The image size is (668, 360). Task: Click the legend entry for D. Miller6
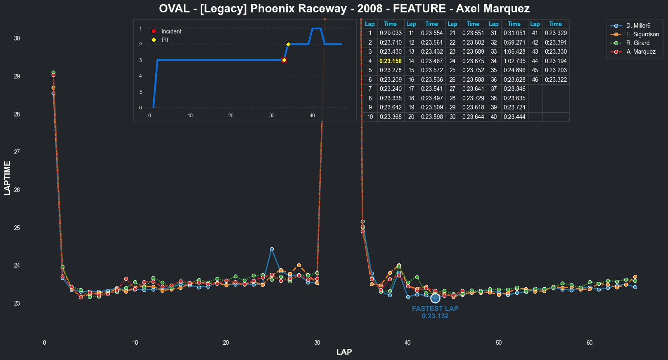coord(638,26)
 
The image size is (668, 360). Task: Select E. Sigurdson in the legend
coord(642,34)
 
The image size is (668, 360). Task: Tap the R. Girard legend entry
coord(637,43)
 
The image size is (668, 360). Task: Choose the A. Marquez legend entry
coord(640,52)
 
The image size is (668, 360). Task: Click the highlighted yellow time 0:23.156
coord(390,61)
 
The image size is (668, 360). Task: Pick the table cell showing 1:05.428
coord(514,52)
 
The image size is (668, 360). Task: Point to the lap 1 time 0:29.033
coord(390,33)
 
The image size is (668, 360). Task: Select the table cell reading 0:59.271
coord(514,43)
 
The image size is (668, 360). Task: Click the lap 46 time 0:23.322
coord(555,80)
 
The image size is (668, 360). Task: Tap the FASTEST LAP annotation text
coord(435,308)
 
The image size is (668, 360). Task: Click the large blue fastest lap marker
coord(435,298)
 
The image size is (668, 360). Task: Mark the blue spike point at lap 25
coord(272,249)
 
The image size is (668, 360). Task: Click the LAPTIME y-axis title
coord(7,178)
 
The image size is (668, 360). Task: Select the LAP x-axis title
coord(344,352)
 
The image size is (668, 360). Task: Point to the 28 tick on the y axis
coord(17,114)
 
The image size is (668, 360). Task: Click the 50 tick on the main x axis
coord(499,343)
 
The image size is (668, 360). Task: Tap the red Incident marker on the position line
coord(284,60)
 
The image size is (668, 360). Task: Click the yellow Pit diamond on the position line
coord(288,44)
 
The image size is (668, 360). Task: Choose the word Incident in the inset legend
coord(171,31)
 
